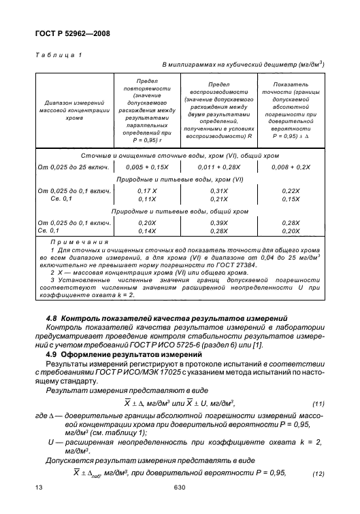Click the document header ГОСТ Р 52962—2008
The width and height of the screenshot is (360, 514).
[x=71, y=33]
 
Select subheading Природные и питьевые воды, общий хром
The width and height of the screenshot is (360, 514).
[x=180, y=211]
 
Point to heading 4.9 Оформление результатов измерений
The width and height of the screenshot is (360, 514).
[x=116, y=358]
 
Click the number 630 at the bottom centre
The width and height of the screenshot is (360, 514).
[x=180, y=505]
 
